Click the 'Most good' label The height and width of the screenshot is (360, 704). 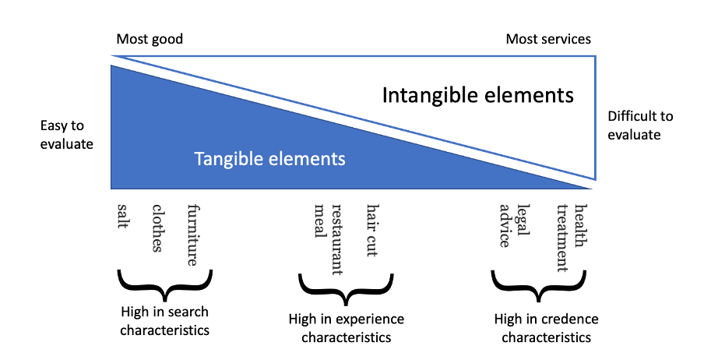click(x=150, y=39)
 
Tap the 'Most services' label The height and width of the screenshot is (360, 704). click(x=548, y=39)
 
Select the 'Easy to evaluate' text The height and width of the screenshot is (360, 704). click(x=67, y=134)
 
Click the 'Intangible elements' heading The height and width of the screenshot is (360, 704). click(x=478, y=96)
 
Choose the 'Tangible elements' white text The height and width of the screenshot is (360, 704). click(x=269, y=160)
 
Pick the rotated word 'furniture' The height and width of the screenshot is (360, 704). click(x=193, y=235)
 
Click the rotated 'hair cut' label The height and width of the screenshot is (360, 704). click(x=372, y=231)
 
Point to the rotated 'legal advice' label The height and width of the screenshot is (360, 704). click(x=515, y=225)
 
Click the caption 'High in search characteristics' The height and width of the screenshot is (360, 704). click(x=165, y=321)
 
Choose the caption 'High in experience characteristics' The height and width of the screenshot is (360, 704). click(x=346, y=328)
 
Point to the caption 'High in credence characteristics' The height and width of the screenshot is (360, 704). click(x=546, y=328)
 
